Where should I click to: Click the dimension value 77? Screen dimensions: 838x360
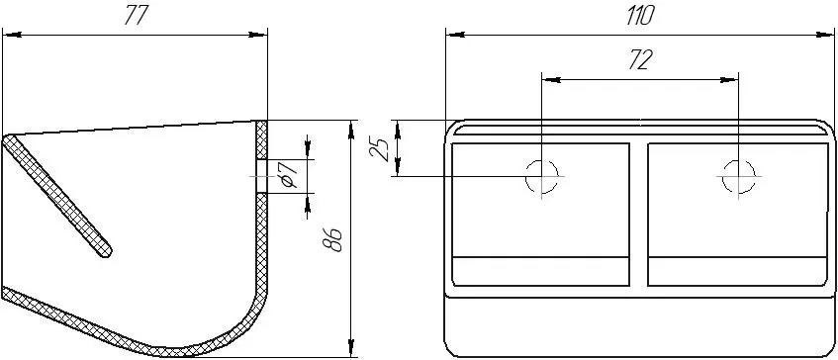point(135,17)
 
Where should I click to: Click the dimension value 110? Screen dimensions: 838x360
point(639,17)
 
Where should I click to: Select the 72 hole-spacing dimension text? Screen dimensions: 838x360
point(640,61)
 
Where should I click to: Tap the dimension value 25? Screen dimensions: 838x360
point(380,148)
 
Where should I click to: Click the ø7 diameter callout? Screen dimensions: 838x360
point(289,175)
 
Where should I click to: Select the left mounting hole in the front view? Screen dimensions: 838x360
point(542,176)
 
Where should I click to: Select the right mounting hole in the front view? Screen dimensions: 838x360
point(738,176)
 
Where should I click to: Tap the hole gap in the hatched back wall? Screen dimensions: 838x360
point(261,176)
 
